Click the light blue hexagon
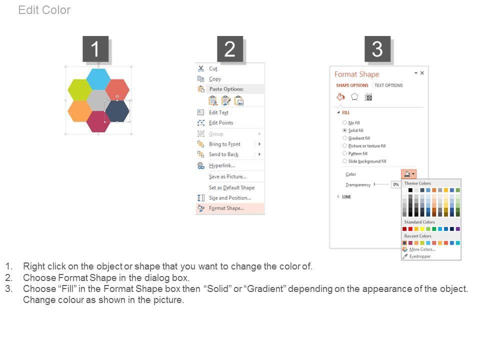(x=98, y=79)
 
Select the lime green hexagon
(x=79, y=89)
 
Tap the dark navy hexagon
(x=117, y=111)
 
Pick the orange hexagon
(x=79, y=111)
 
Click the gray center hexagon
(x=98, y=100)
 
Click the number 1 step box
(x=95, y=49)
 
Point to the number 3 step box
(x=377, y=49)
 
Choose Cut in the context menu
(x=213, y=68)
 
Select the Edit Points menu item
(x=221, y=123)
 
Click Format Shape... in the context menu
(x=226, y=208)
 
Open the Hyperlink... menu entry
(x=222, y=165)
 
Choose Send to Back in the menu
(x=223, y=154)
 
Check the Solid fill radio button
(x=344, y=130)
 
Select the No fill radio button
(x=344, y=123)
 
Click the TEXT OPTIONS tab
(x=388, y=85)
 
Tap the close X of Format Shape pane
(x=422, y=73)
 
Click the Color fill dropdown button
(x=408, y=174)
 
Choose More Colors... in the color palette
(x=422, y=249)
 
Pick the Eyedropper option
(x=419, y=256)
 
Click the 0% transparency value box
(x=396, y=184)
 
